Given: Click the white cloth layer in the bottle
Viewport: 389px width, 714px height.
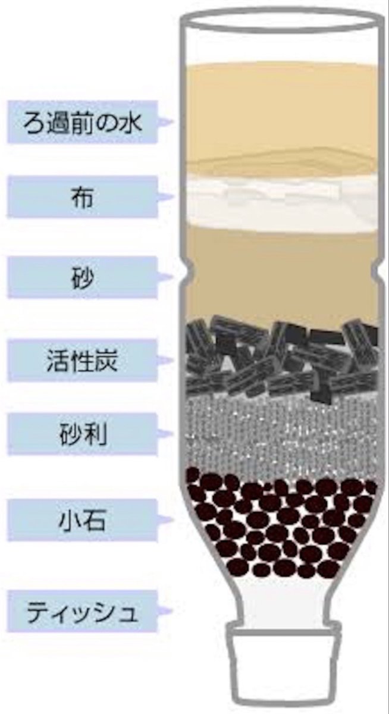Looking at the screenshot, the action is (x=280, y=202).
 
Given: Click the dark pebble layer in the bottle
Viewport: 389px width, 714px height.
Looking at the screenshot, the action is (x=280, y=524).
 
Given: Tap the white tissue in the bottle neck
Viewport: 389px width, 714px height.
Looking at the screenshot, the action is (x=280, y=601).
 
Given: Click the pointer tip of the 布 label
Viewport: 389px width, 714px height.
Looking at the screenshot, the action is (x=173, y=197).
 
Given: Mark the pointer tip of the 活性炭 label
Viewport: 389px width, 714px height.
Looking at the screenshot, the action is (x=173, y=361).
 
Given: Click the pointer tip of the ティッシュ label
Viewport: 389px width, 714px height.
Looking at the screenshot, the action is (x=173, y=611).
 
